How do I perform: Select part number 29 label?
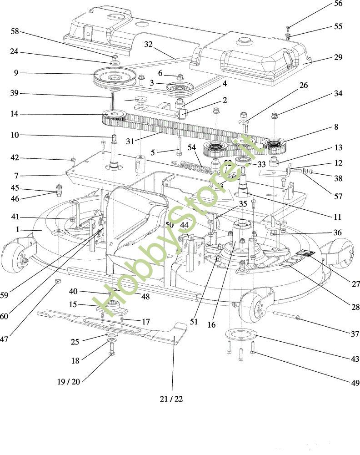pyautogui.click(x=338, y=57)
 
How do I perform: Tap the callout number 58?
pyautogui.click(x=15, y=31)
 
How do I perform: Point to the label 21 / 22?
pyautogui.click(x=171, y=399)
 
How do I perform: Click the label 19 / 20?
pyautogui.click(x=69, y=381)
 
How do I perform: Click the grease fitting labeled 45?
pyautogui.click(x=58, y=188)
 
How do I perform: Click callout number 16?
pyautogui.click(x=211, y=325)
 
